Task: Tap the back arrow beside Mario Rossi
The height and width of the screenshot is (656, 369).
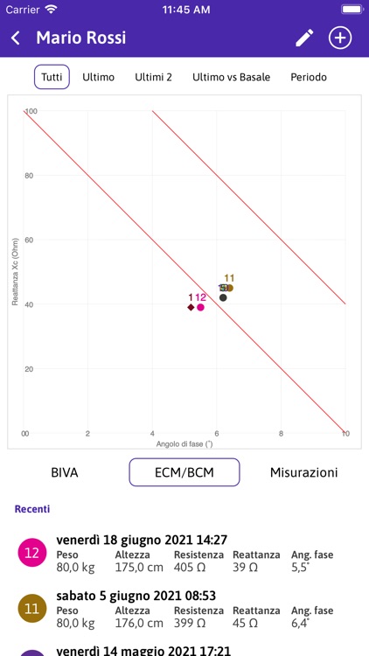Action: (x=16, y=38)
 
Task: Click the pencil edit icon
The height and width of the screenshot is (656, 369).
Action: (x=304, y=38)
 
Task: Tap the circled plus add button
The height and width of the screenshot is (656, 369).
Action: (x=339, y=38)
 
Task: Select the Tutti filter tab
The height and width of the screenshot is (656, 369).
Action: (x=52, y=77)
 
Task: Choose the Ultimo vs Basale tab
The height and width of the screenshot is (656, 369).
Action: (x=231, y=77)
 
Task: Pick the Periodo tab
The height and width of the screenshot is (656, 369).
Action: (x=309, y=77)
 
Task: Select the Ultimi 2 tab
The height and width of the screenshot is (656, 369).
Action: (x=153, y=77)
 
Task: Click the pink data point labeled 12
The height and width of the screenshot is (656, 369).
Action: (x=200, y=307)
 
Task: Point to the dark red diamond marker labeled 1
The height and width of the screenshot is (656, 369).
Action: (x=191, y=307)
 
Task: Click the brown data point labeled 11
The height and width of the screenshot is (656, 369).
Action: (x=229, y=288)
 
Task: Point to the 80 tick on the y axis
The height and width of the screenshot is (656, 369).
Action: (x=30, y=176)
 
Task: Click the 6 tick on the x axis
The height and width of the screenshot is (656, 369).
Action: (x=216, y=434)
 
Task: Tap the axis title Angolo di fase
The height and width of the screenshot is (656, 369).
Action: (x=184, y=443)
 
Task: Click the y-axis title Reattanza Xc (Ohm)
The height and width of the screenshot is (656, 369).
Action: (x=15, y=271)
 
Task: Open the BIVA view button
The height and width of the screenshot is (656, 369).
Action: (x=65, y=472)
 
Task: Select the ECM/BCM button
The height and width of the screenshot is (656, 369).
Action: (x=184, y=472)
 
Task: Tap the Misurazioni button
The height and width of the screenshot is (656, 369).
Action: (x=303, y=472)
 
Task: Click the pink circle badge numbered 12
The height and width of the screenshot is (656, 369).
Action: (x=31, y=553)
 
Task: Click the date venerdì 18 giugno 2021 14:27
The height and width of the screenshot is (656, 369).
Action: (x=142, y=541)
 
